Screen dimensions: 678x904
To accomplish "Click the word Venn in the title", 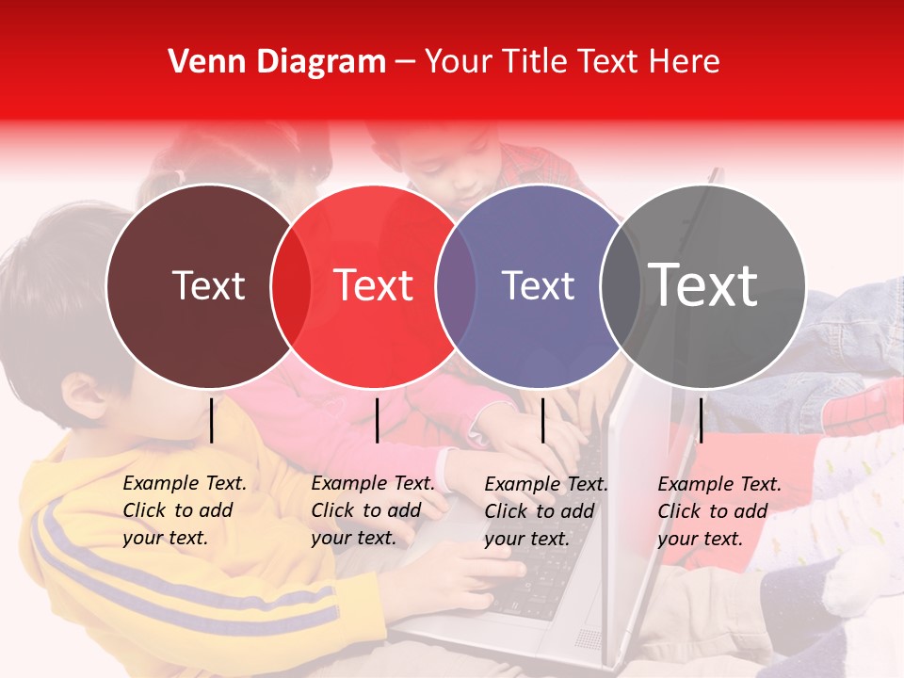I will pos(201,62).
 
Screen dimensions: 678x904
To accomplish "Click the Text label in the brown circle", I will pos(208,285).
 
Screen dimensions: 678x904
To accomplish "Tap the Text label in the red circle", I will pos(374,285).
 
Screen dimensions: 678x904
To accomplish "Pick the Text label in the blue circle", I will pos(538,285).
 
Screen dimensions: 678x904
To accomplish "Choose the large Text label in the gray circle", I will pos(703,285).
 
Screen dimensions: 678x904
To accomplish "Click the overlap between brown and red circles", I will pos(291,286).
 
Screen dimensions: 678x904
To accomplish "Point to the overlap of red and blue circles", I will pos(456,286).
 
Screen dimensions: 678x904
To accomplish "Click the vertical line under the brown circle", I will pos(212,420).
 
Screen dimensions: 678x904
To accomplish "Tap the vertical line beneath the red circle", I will pos(377,420).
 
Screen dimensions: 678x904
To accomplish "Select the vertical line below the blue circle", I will pos(542,420).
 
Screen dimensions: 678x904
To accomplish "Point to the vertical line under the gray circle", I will pos(701,420).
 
